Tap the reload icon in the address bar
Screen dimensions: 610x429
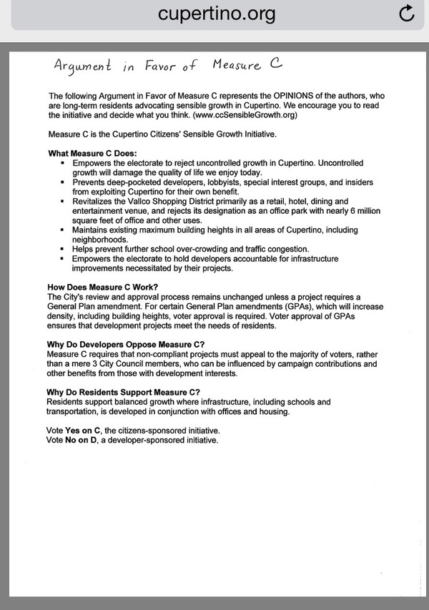(x=406, y=14)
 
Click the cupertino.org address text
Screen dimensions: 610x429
(x=217, y=14)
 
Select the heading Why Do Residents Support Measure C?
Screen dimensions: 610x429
(x=123, y=393)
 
